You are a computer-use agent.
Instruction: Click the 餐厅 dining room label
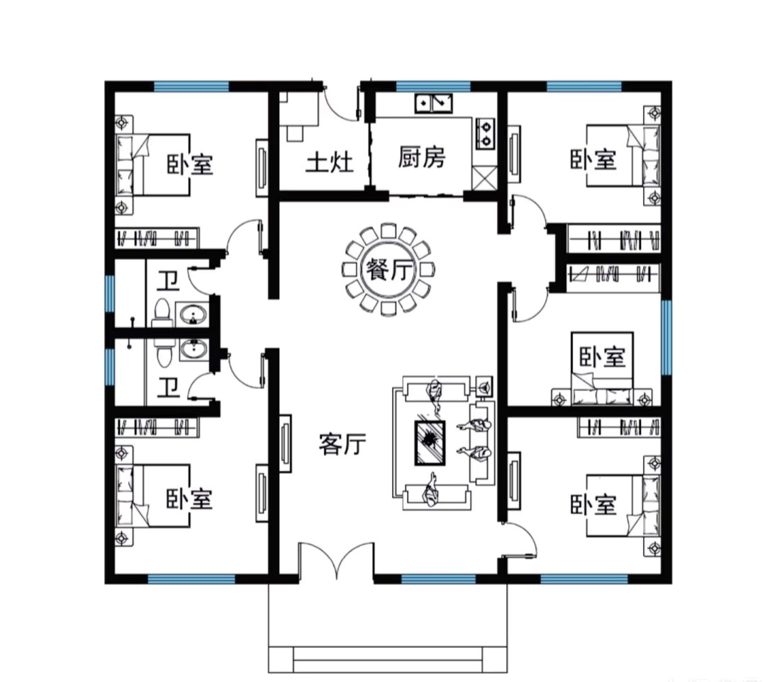coord(389,270)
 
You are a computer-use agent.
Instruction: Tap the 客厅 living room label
coord(342,444)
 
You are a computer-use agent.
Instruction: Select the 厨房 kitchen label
coord(422,157)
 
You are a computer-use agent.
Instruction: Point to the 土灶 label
coord(330,162)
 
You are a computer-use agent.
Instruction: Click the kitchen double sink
coord(433,103)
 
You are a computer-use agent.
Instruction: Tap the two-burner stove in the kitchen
coord(486,133)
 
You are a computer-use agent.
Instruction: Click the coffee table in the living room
coord(430,443)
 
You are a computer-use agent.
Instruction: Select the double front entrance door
coord(336,559)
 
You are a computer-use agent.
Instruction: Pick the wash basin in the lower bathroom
coord(194,349)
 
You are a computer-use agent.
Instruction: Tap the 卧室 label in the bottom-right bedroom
coord(593,504)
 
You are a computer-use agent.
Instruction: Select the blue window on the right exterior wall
coord(666,336)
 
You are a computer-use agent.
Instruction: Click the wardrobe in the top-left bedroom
coord(157,238)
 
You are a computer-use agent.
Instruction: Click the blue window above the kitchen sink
coord(433,86)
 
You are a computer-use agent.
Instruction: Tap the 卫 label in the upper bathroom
coord(168,280)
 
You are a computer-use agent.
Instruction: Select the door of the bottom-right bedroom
coord(519,540)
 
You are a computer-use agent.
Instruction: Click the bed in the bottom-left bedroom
coord(152,496)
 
